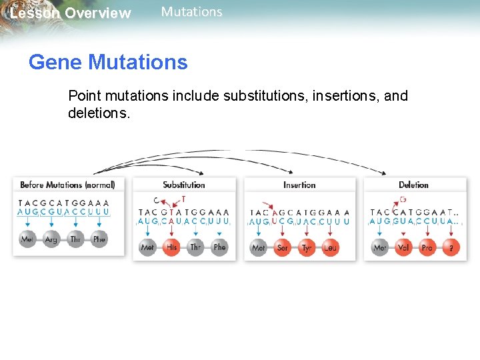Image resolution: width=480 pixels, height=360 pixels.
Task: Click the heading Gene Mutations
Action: click(108, 63)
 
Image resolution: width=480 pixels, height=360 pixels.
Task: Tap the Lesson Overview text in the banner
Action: click(71, 13)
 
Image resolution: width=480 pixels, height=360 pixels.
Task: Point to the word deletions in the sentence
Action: click(99, 113)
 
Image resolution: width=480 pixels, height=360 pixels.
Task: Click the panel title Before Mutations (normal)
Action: click(67, 185)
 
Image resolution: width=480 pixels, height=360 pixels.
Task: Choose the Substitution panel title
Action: click(184, 185)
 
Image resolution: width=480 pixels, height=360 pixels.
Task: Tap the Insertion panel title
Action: click(299, 185)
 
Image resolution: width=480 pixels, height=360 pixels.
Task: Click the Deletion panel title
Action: click(413, 185)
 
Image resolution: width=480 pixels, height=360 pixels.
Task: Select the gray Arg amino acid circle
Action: click(51, 239)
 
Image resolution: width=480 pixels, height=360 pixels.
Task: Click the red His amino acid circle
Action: click(172, 247)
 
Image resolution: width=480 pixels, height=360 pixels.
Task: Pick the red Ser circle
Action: click(283, 247)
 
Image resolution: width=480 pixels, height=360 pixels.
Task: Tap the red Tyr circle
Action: click(307, 247)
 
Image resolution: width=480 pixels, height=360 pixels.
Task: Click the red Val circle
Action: click(404, 247)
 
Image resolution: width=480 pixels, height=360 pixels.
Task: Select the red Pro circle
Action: click(427, 247)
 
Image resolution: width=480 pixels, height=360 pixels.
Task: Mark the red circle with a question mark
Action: click(451, 247)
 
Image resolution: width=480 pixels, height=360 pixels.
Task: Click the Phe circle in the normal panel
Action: click(99, 239)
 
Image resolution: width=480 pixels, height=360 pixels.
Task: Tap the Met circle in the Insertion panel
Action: click(259, 247)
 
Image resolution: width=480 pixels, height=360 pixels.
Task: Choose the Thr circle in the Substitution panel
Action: click(195, 247)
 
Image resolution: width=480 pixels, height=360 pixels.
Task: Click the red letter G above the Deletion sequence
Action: click(403, 199)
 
